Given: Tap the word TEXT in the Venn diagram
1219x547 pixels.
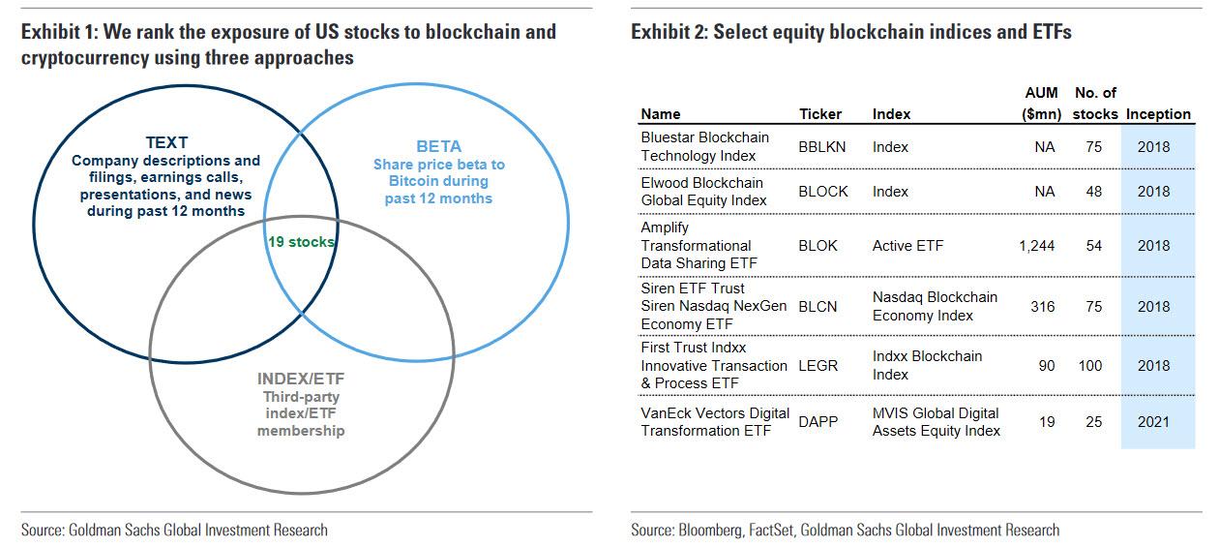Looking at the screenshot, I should point(165,141).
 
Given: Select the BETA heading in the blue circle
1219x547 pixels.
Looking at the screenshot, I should point(438,146).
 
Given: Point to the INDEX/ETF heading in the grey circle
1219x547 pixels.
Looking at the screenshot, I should point(300,379).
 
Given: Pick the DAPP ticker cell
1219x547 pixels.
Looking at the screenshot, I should point(818,422).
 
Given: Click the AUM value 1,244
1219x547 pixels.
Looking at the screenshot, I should point(1036,246).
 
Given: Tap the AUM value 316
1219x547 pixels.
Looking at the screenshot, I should point(1042,307).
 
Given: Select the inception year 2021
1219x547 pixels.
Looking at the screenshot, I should point(1153,422).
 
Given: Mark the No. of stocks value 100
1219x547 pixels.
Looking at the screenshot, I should point(1089,366).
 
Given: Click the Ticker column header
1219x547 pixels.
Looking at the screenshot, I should point(820,114).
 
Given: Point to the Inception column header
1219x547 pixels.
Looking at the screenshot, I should point(1158,114).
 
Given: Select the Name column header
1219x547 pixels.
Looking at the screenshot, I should point(661,114).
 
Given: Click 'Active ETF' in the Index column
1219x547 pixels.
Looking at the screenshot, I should point(907,246).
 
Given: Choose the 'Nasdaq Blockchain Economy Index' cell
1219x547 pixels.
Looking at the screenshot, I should point(934,306).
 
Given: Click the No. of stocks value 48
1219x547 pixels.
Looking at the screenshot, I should point(1093,192).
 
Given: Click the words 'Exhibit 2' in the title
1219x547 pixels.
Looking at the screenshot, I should point(668,32).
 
